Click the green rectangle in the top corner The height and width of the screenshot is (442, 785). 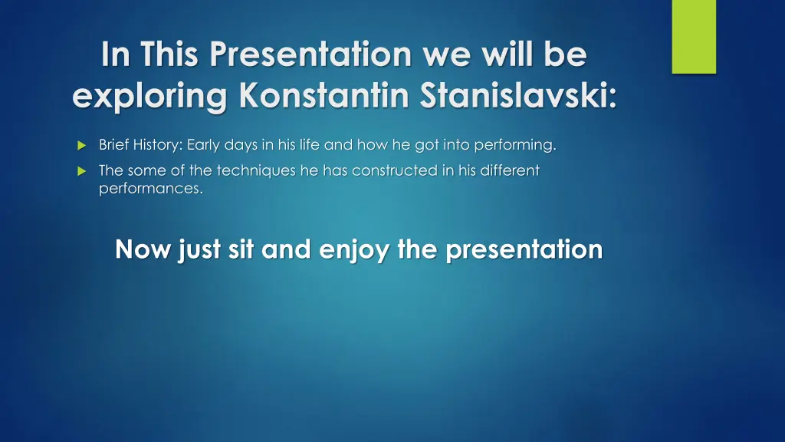[x=694, y=36]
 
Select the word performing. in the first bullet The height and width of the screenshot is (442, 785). [x=516, y=145]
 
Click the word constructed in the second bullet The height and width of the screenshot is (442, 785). [x=394, y=171]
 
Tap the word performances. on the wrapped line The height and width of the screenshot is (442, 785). [x=151, y=188]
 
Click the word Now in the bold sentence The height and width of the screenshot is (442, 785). [x=143, y=249]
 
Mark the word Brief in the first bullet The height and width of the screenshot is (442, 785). [x=113, y=145]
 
